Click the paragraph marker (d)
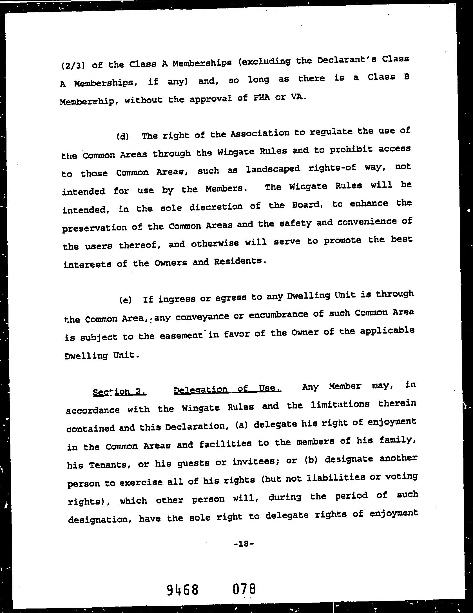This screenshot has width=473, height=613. (123, 136)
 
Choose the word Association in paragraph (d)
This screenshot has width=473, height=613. (260, 133)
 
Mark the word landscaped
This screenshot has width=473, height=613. (273, 169)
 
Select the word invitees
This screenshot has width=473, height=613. (255, 462)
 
